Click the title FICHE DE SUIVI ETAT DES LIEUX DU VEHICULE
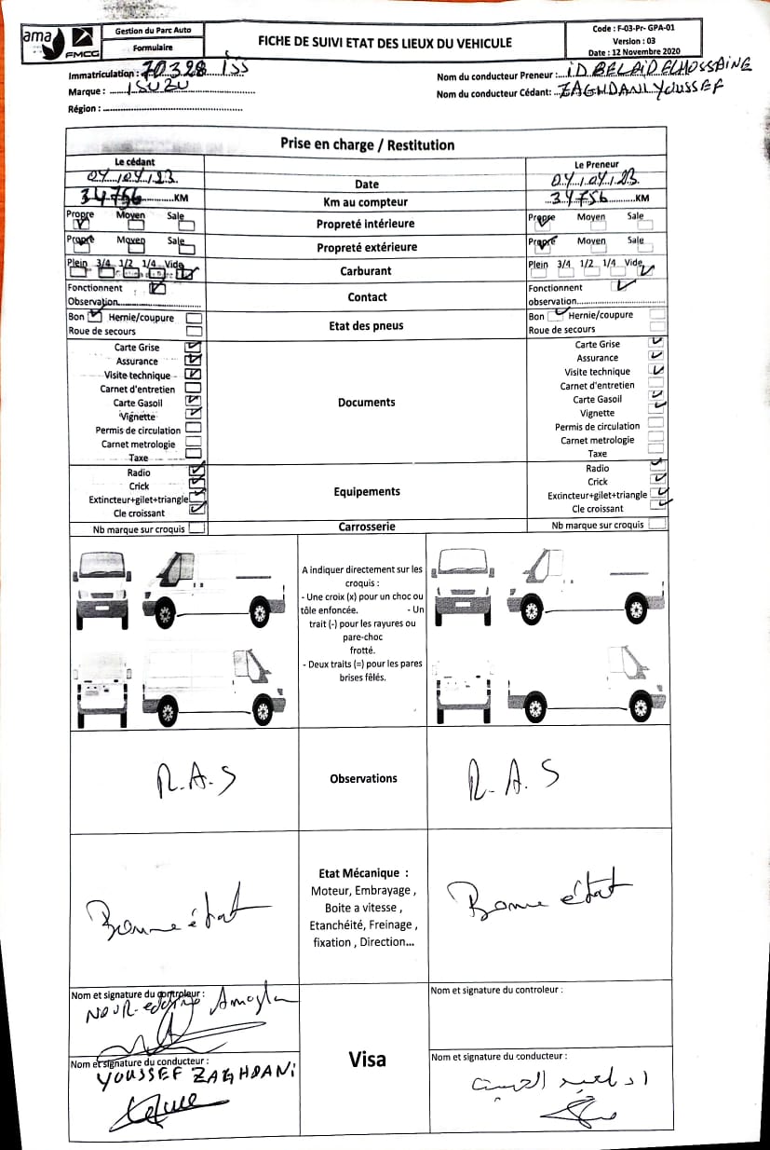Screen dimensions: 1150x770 point(385,42)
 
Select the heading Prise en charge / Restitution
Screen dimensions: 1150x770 point(367,144)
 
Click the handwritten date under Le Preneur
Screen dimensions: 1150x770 point(596,179)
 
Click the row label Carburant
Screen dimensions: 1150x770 point(365,271)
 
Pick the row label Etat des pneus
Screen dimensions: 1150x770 point(365,325)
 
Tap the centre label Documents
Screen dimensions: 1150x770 point(366,403)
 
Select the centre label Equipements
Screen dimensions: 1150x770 point(366,491)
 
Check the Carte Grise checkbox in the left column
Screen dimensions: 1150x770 point(194,347)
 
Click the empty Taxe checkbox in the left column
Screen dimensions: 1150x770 point(194,458)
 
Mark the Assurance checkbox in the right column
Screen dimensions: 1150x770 point(656,357)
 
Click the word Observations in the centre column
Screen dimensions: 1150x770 point(363,778)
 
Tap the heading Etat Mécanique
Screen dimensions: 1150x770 point(363,873)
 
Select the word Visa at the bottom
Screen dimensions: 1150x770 point(367,1059)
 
